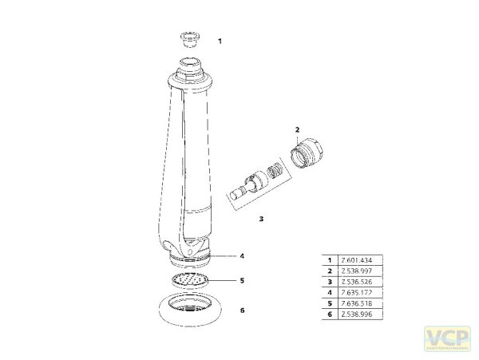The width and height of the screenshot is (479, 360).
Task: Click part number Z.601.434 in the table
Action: tap(355, 261)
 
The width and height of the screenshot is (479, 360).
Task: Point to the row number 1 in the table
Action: tap(328, 261)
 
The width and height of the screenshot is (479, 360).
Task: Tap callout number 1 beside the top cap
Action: tap(220, 40)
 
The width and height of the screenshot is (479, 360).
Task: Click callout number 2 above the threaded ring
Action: tap(297, 129)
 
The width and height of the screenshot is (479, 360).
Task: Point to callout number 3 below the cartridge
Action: tap(260, 217)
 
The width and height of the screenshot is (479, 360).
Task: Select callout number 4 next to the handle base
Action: tap(242, 256)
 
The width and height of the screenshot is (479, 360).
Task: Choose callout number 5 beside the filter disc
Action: tap(242, 281)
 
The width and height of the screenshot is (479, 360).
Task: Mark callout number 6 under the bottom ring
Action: tap(242, 311)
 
